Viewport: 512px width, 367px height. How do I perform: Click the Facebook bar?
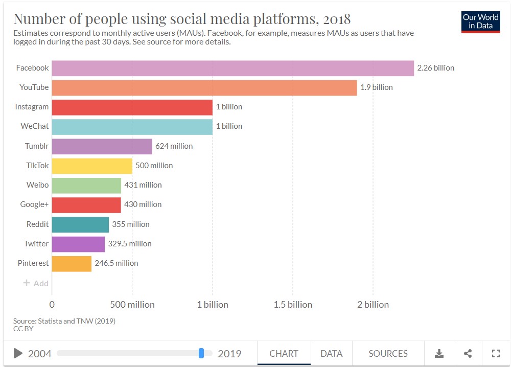[233, 68]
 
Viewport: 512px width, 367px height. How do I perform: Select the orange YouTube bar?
[204, 88]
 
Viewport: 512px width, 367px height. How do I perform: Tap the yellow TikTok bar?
[92, 166]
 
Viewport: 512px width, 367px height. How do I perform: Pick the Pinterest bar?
[72, 264]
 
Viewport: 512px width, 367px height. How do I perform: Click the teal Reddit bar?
[80, 224]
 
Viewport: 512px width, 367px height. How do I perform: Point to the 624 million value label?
[174, 146]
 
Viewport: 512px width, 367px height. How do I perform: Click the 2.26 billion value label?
[435, 68]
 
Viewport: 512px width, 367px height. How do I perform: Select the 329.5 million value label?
[130, 244]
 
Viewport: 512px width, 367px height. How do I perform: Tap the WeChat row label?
[35, 126]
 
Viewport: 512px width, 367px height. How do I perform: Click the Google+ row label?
[34, 204]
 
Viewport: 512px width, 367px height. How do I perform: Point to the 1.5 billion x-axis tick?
[293, 305]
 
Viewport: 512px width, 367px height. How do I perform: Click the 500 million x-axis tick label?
[132, 305]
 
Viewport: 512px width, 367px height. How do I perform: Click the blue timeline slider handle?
[201, 353]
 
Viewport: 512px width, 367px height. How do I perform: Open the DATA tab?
[332, 354]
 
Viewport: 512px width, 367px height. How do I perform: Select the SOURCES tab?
[388, 354]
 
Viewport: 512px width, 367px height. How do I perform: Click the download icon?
[439, 353]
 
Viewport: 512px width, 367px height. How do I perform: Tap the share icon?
[468, 353]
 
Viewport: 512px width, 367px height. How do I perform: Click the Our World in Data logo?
[481, 22]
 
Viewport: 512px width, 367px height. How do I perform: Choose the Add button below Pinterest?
[36, 283]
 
